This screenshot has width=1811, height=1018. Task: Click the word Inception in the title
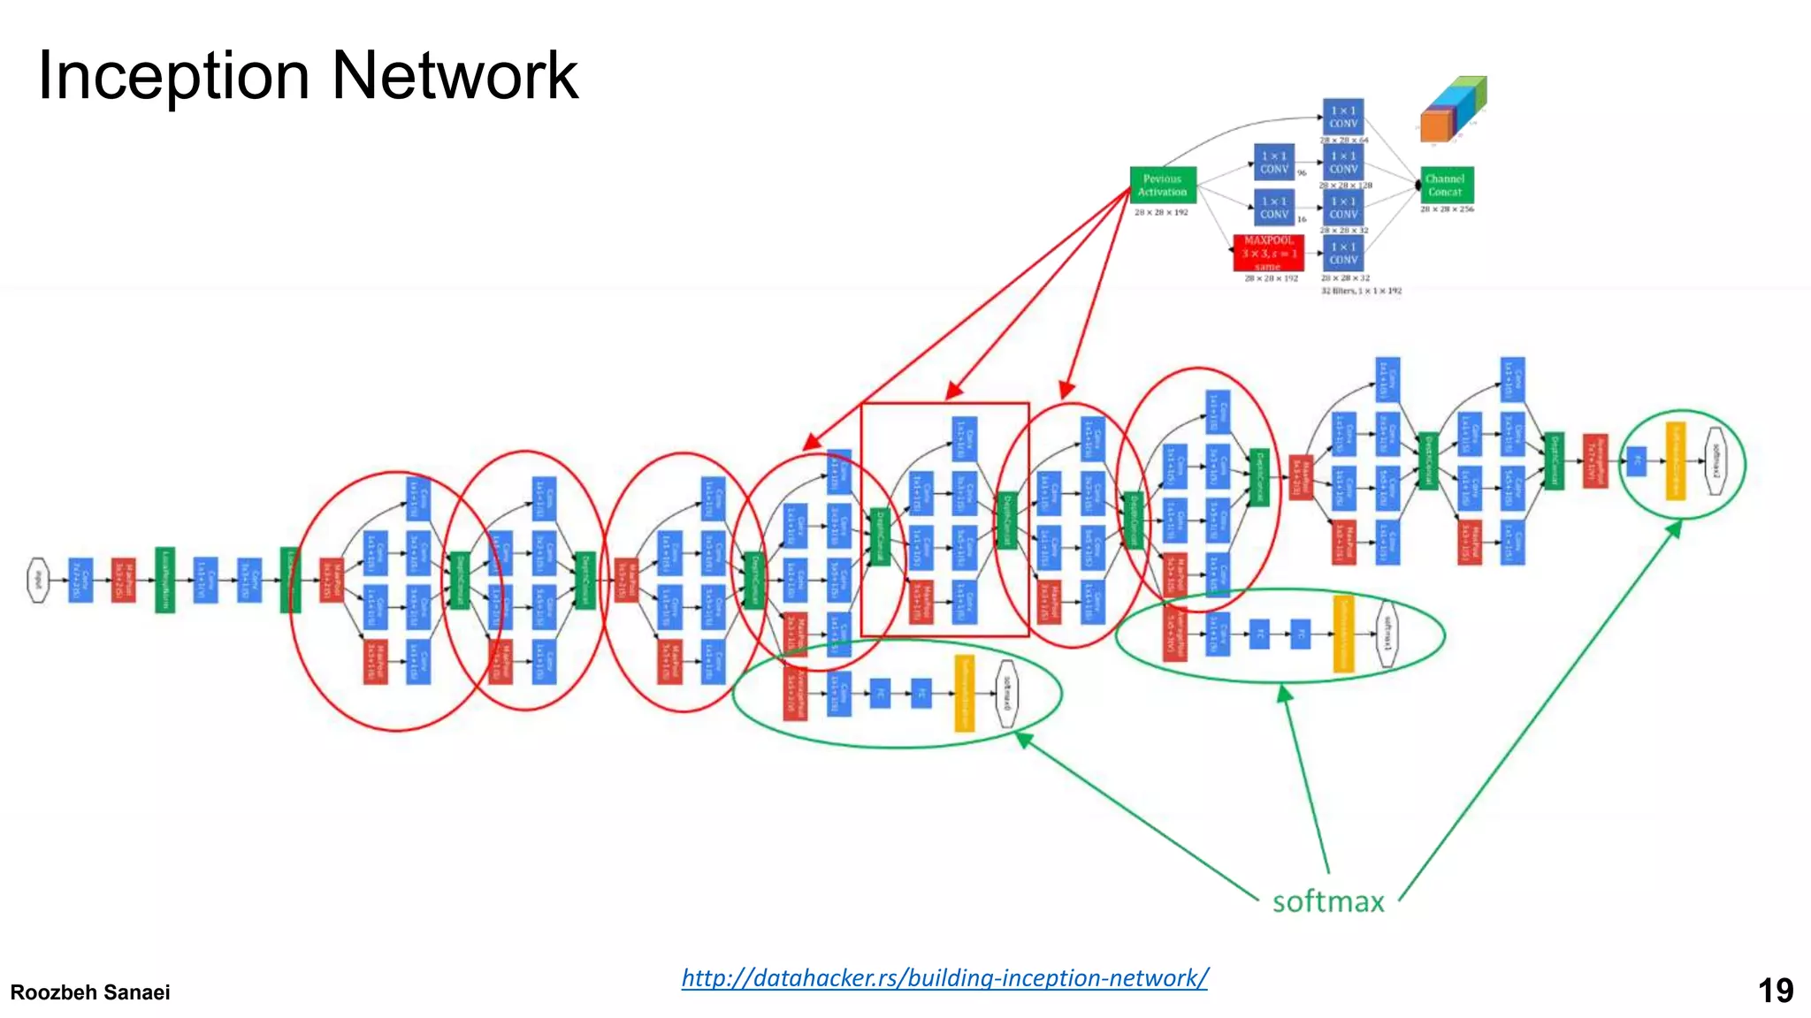173,76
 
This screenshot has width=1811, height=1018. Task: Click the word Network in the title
455,76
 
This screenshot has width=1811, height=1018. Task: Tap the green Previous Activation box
1162,185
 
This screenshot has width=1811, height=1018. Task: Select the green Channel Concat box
1446,185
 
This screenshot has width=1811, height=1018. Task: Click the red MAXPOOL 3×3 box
1269,253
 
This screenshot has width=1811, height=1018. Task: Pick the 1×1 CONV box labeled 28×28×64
1342,117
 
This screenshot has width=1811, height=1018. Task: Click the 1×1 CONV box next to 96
1274,163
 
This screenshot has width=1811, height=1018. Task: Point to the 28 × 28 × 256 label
1447,209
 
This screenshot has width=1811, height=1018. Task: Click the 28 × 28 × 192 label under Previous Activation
1161,212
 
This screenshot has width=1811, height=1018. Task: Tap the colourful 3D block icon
1453,110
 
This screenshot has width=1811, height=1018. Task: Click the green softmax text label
1328,901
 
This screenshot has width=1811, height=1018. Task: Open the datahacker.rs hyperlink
944,977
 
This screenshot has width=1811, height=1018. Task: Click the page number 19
1775,991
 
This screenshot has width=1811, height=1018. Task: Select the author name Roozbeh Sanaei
90,992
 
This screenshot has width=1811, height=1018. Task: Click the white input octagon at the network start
38,580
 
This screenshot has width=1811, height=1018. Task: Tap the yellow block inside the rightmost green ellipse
1675,461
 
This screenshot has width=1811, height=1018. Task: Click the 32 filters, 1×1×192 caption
1361,291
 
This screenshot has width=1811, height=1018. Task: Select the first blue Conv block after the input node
80,580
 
